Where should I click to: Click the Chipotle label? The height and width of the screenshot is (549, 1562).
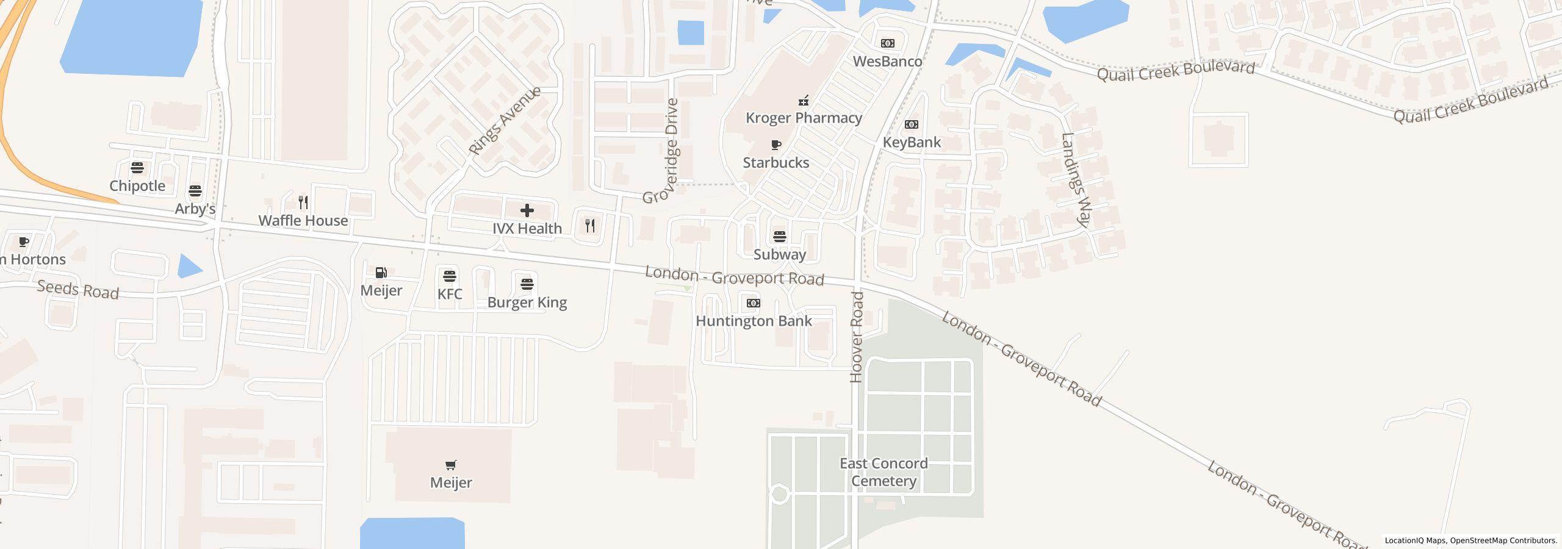pos(137,186)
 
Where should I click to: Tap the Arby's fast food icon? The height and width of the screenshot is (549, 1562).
pos(195,191)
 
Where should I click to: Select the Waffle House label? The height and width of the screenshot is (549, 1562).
pos(303,220)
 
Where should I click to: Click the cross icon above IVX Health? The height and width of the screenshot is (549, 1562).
pos(527,211)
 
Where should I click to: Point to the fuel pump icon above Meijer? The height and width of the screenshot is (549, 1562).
pos(381,273)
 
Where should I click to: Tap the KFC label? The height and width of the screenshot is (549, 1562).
pos(450,294)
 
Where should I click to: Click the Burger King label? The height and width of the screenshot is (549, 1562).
pos(527,303)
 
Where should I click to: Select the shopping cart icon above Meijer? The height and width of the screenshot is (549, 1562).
pos(451,465)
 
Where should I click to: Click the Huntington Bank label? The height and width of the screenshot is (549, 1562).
pos(754,321)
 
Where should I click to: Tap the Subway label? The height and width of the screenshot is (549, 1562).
pos(780,254)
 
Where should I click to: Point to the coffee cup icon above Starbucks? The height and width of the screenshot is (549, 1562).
pos(776,145)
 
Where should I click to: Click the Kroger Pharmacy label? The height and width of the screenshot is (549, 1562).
pos(804,118)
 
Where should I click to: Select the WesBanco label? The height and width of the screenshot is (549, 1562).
pos(887,62)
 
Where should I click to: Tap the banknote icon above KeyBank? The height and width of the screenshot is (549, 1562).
pos(912,124)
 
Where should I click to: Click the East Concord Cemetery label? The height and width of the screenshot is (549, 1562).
pos(884,472)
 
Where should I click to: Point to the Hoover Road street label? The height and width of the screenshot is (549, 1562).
pos(857,337)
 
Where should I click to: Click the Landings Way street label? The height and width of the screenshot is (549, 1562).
pos(1075,181)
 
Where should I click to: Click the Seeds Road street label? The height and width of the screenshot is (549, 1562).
pos(77,289)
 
